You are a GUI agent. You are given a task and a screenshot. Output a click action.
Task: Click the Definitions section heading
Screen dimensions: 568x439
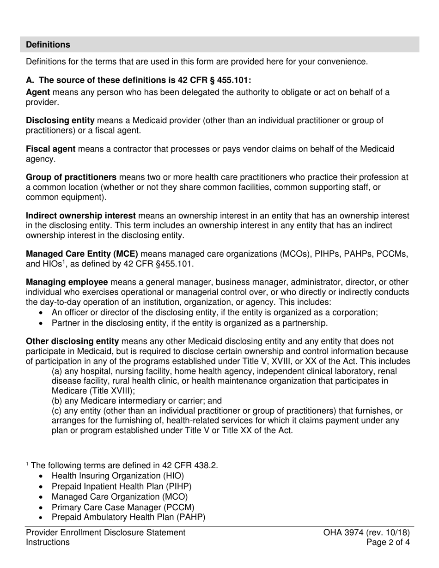coord(48,45)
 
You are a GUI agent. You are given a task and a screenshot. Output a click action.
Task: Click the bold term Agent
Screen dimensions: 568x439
coord(38,92)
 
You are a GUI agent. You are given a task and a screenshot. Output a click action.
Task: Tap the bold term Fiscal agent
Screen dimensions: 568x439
coord(51,149)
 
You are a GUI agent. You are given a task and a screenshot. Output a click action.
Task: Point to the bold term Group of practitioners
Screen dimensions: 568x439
coord(71,177)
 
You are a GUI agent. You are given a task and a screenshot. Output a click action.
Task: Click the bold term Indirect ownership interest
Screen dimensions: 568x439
coord(81,216)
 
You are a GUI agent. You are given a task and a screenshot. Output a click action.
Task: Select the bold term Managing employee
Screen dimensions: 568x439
coord(67,282)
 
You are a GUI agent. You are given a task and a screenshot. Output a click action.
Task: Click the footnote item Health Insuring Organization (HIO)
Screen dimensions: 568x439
coord(117,476)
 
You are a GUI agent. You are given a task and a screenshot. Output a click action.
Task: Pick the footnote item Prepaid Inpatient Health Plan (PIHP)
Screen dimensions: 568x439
coord(121,486)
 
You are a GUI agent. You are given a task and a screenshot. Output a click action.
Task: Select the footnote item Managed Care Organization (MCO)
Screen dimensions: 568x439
coord(120,497)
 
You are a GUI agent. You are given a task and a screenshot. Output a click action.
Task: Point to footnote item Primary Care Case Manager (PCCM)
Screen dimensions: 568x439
coord(123,507)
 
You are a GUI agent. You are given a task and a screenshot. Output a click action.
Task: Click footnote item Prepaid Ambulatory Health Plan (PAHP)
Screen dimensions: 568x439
coord(128,517)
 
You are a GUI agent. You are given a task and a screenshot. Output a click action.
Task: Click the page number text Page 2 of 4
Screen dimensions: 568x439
coord(388,542)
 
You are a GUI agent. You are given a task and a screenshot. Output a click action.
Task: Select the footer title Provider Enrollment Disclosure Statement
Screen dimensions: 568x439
coord(105,532)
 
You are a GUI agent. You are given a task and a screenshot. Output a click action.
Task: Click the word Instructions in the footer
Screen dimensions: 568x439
coord(48,542)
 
